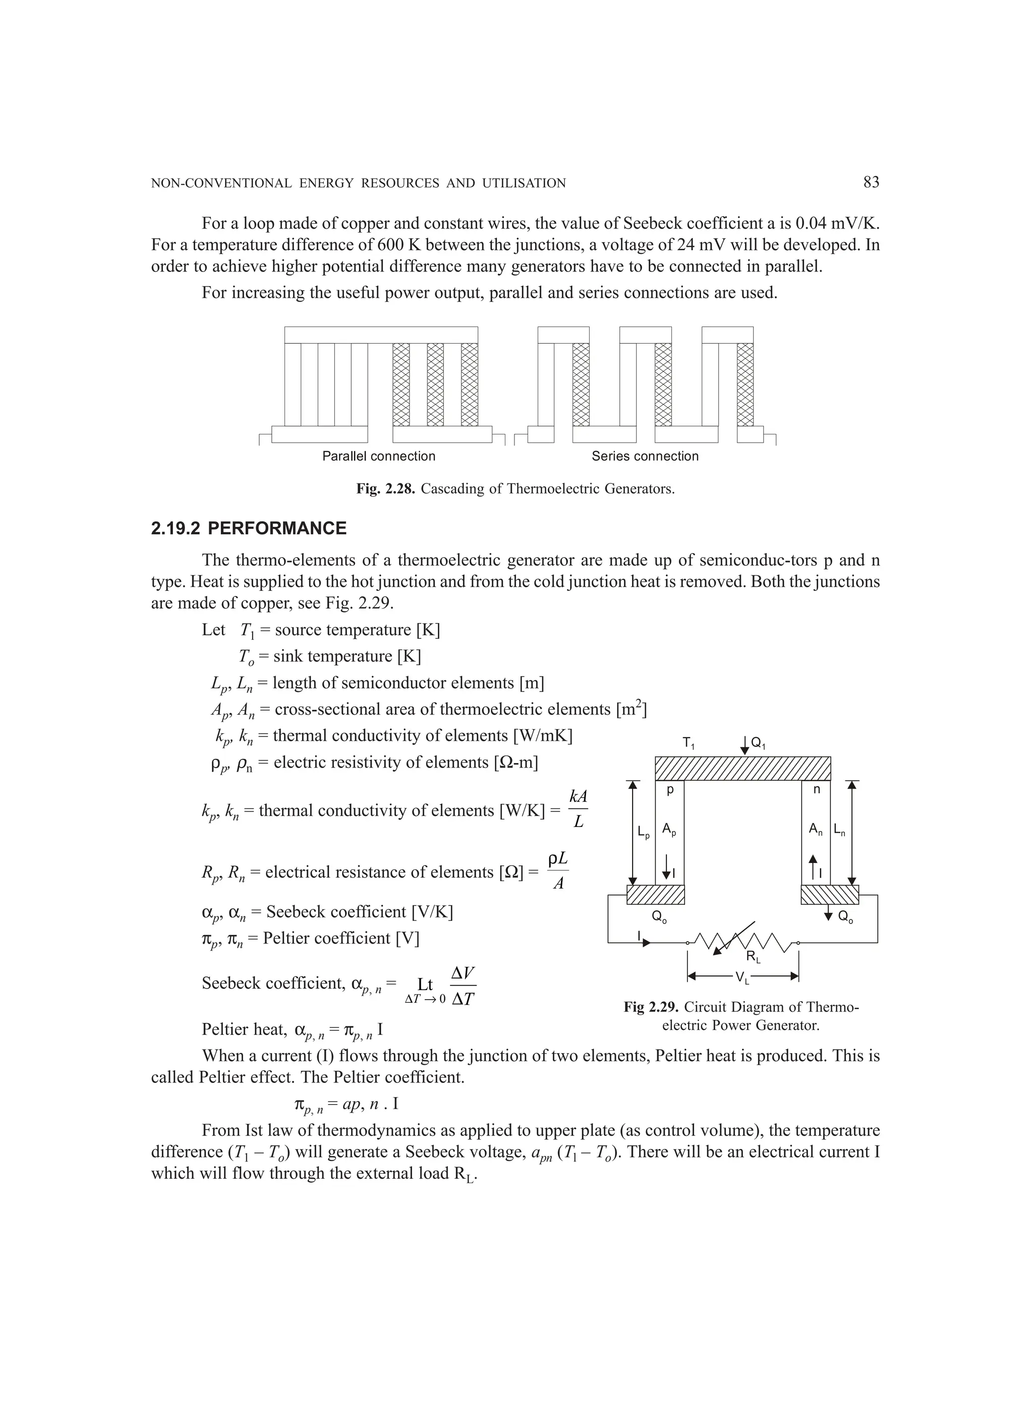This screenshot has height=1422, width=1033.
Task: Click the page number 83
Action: click(871, 183)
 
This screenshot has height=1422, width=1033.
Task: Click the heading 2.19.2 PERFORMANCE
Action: click(248, 528)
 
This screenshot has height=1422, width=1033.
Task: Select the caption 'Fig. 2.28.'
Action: click(385, 488)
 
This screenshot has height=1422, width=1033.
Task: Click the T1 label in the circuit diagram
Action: click(688, 744)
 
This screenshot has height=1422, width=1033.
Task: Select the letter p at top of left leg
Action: click(669, 791)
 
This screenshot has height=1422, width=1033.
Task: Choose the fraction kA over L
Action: click(578, 808)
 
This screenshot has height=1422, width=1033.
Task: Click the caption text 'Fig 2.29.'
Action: click(651, 1007)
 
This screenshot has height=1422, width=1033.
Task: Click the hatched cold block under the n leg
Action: click(830, 895)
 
